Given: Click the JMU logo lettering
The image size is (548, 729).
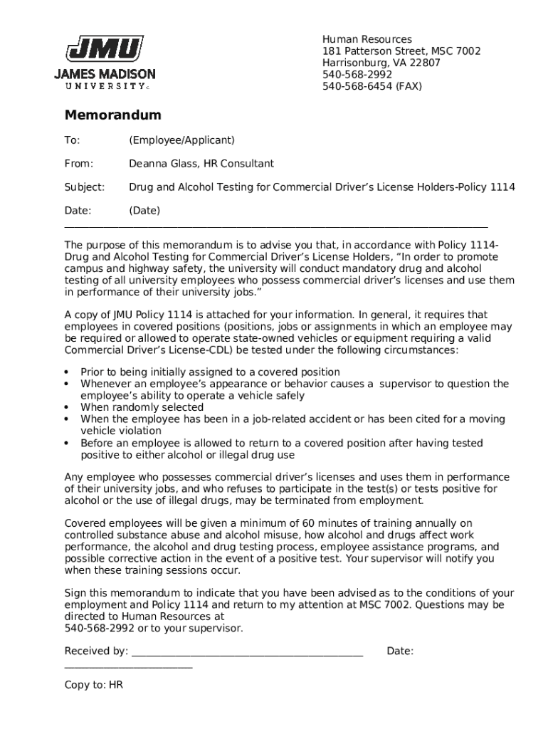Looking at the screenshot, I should pyautogui.click(x=105, y=50).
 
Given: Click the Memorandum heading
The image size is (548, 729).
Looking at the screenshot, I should pyautogui.click(x=112, y=115).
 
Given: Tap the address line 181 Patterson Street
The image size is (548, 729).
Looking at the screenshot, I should pyautogui.click(x=401, y=51).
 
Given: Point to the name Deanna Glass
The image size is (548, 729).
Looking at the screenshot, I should pyautogui.click(x=164, y=164).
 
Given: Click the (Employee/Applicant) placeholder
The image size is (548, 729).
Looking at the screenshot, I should pyautogui.click(x=181, y=140).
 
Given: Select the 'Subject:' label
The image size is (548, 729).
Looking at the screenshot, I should pyautogui.click(x=85, y=187).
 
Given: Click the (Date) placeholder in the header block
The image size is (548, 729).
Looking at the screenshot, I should pyautogui.click(x=144, y=211).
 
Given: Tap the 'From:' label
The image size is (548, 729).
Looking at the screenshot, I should pyautogui.click(x=79, y=164).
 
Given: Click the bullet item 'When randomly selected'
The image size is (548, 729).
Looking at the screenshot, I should pyautogui.click(x=142, y=407).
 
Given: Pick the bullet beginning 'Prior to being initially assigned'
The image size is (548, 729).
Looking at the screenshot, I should pyautogui.click(x=210, y=372).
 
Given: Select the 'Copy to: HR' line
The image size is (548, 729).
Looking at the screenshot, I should pyautogui.click(x=93, y=685).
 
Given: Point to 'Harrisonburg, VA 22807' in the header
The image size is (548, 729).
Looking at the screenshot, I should pyautogui.click(x=381, y=63).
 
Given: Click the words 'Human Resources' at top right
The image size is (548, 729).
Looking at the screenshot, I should pyautogui.click(x=367, y=39).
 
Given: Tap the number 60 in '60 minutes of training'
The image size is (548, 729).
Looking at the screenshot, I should pyautogui.click(x=308, y=523).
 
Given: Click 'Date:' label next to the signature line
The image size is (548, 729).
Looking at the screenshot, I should pyautogui.click(x=400, y=651).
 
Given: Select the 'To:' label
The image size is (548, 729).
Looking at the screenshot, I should pyautogui.click(x=72, y=140).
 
